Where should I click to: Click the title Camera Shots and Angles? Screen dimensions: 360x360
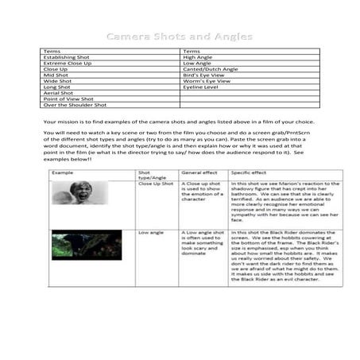coord(180,37)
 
